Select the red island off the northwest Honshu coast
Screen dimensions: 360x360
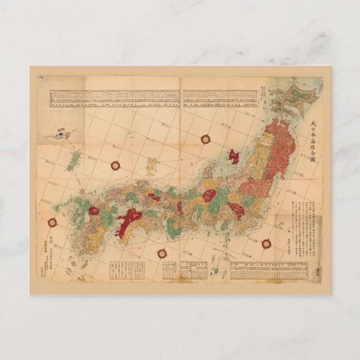pos(233,156)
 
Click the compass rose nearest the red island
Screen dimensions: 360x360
pos(205,139)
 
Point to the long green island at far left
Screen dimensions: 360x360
pos(73,161)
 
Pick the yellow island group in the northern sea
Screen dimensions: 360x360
pos(151,165)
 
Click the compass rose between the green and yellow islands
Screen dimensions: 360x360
pos(115,165)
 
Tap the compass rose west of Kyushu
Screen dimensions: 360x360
pos(53,222)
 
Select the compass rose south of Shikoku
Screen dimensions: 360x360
pos(162,253)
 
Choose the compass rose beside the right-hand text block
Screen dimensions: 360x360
pos(267,243)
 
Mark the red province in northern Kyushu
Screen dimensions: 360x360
pos(94,210)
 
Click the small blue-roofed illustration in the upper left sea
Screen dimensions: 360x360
pos(60,132)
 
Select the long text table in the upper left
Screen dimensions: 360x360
pos(115,98)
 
